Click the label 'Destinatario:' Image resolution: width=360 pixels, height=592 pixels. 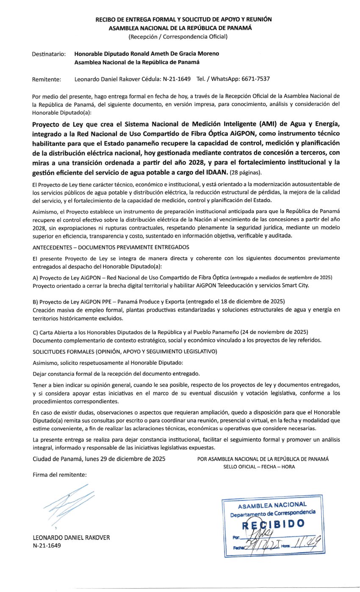tap(49, 54)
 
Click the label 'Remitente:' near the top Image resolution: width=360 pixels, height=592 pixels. tap(47, 79)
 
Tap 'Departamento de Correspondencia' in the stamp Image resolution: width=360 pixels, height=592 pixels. tap(273, 514)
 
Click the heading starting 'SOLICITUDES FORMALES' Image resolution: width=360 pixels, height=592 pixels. tap(125, 351)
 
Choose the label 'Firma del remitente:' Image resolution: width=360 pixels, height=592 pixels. tap(60, 475)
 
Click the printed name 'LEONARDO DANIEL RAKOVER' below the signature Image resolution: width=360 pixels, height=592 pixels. tap(71, 537)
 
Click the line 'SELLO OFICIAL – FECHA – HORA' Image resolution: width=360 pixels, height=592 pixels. tap(259, 467)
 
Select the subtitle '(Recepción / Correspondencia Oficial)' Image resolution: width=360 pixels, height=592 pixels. tap(178, 36)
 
